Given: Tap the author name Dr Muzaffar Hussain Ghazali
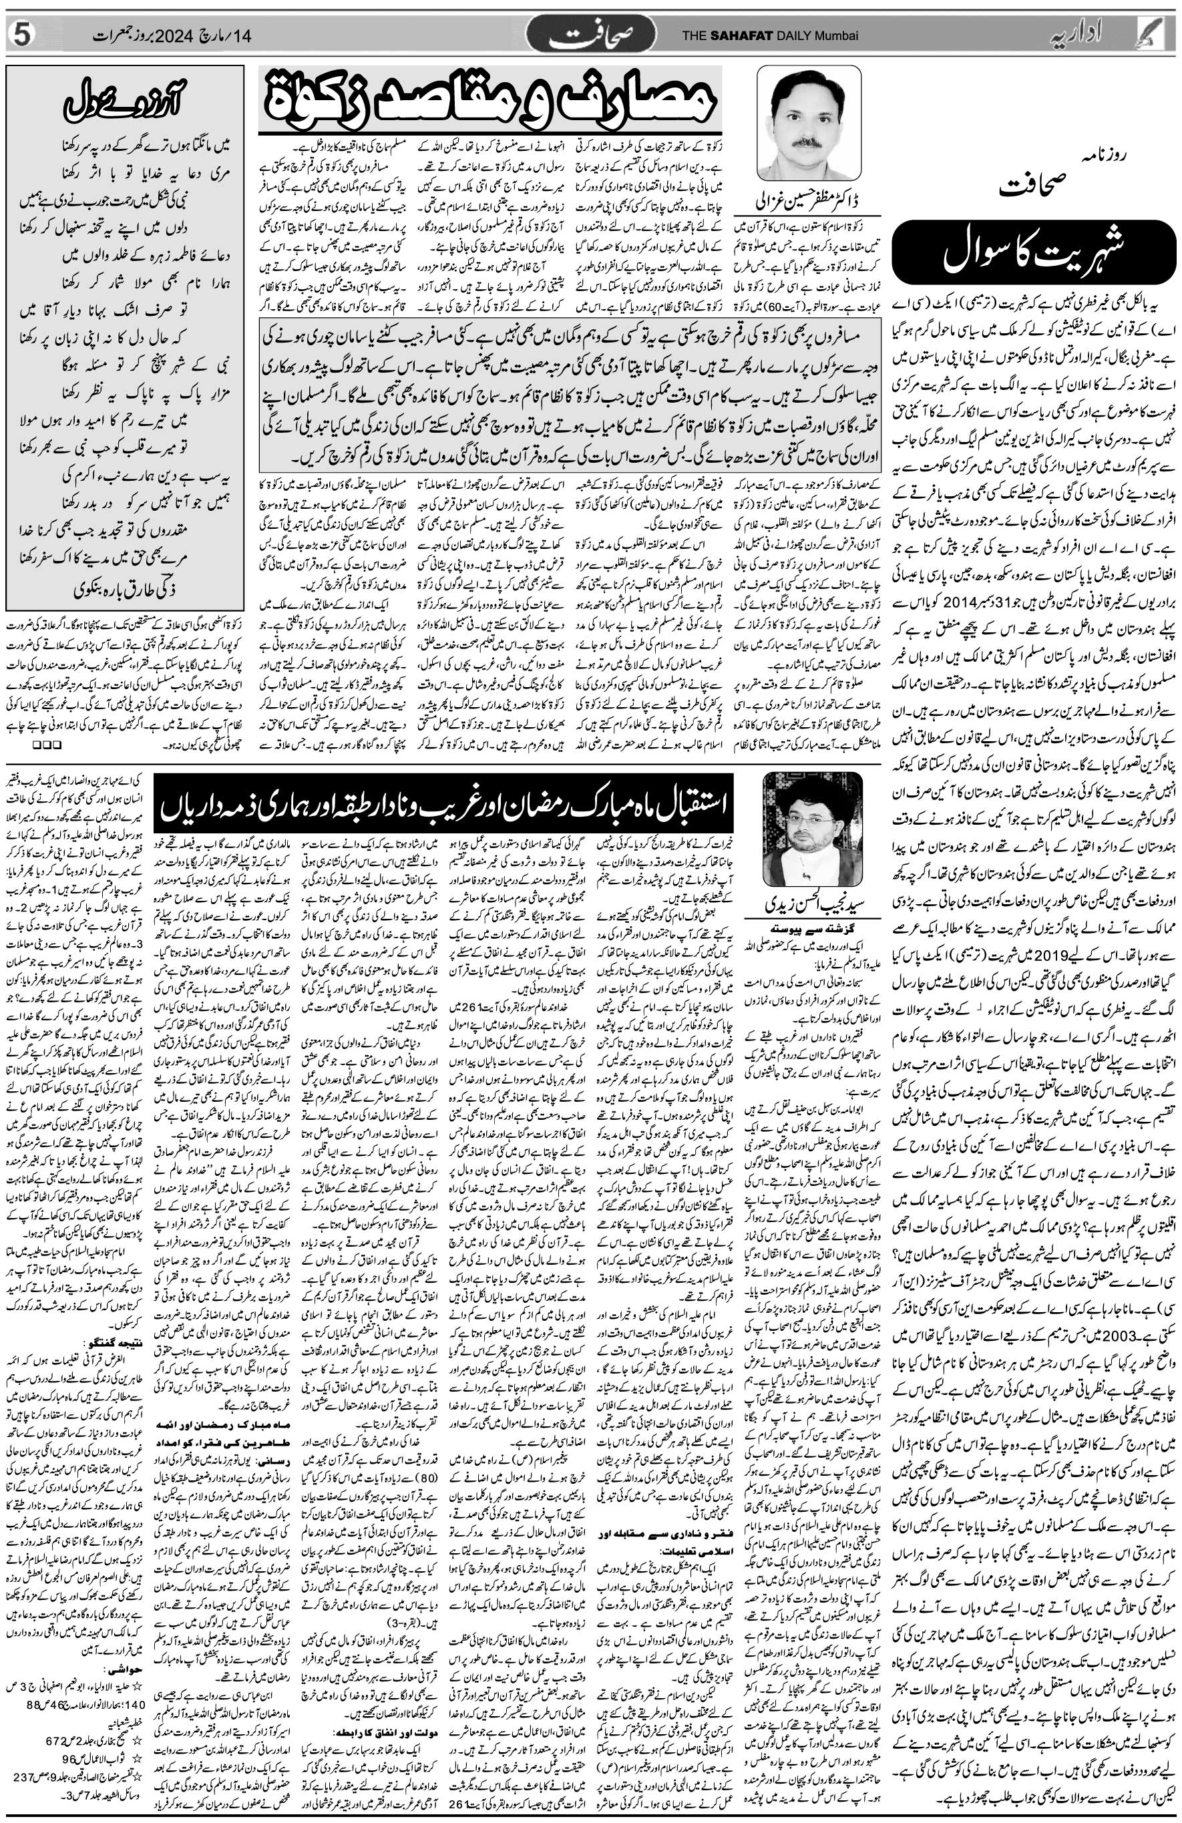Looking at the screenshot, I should [808, 204].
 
